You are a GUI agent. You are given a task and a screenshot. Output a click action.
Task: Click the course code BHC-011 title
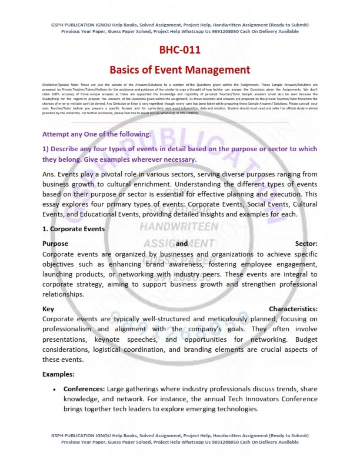coord(179,50)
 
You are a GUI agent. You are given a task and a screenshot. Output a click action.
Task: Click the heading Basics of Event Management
coord(179,70)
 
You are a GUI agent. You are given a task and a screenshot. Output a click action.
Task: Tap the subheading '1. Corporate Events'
coord(73,228)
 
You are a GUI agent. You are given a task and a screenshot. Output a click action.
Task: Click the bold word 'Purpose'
coord(56,243)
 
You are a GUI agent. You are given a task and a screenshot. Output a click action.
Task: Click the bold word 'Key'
coord(49,308)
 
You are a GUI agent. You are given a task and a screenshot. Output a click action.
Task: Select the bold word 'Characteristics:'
coord(293,308)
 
